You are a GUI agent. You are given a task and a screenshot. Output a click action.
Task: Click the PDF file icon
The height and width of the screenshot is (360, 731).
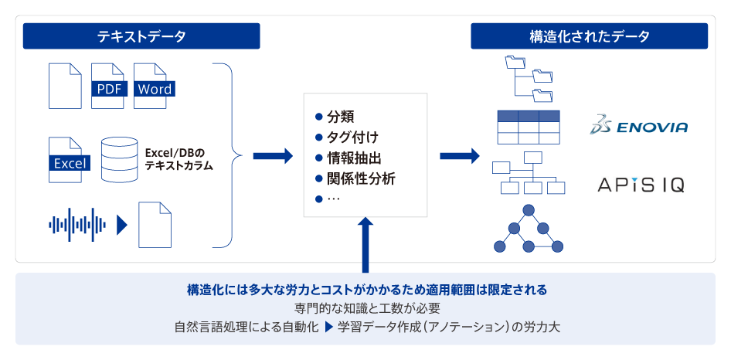[108, 87]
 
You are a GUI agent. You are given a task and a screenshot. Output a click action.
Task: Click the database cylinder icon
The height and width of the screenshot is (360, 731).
[119, 159]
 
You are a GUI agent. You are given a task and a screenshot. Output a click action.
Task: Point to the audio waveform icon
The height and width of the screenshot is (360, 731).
[77, 226]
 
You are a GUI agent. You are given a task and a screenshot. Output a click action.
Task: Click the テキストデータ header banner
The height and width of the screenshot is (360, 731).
[141, 36]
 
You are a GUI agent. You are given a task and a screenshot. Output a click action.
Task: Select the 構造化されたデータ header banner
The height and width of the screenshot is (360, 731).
[590, 36]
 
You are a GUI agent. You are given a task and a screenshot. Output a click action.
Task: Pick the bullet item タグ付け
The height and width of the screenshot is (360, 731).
[346, 138]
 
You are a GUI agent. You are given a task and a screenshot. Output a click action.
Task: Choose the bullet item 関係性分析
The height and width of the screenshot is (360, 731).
[355, 178]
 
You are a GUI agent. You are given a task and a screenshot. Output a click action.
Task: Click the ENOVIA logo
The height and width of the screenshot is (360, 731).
[638, 127]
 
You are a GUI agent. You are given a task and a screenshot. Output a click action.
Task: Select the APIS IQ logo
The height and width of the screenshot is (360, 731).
[641, 185]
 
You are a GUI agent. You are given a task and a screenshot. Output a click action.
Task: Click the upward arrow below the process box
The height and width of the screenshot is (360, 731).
[365, 244]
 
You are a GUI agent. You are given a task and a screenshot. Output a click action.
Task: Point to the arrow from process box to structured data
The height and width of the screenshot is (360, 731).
[460, 156]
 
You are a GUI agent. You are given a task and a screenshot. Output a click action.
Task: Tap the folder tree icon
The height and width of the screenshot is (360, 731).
[529, 78]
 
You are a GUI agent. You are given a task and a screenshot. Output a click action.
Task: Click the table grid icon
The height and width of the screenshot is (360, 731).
[529, 127]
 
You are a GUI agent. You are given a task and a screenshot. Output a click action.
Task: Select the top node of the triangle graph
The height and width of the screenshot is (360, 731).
[528, 210]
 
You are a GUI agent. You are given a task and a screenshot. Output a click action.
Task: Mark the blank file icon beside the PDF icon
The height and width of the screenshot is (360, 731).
[65, 87]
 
